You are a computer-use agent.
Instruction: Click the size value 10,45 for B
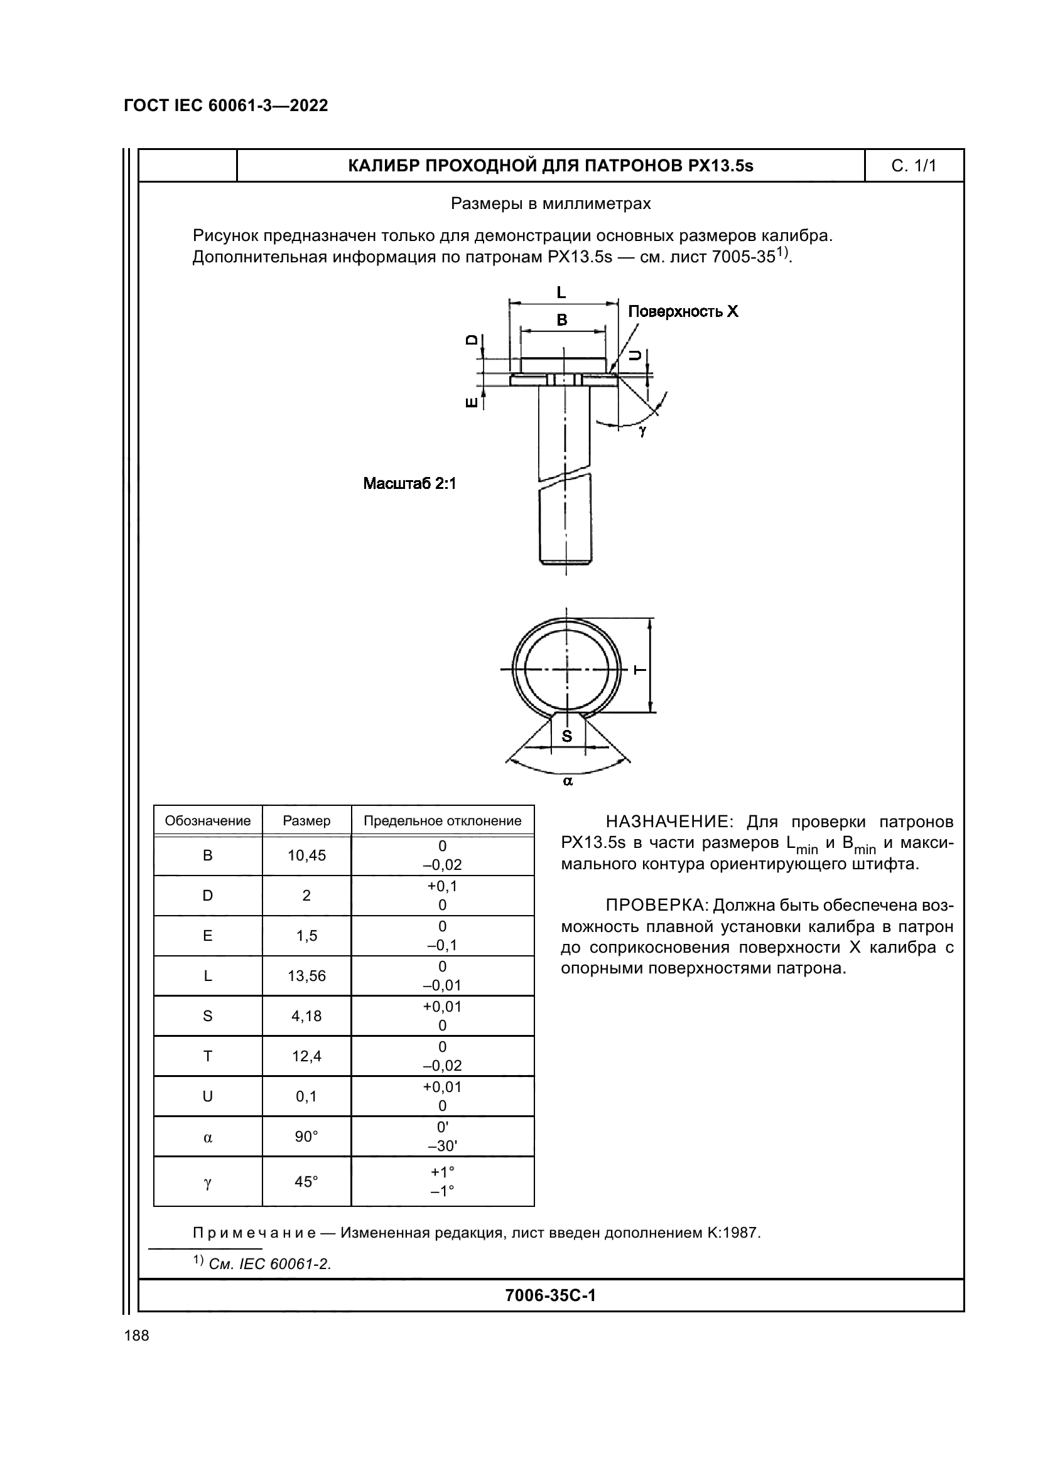click(306, 855)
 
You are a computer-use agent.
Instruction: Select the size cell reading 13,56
click(306, 976)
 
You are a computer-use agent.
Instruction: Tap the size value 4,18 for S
click(306, 1016)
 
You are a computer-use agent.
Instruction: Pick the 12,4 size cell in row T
click(306, 1056)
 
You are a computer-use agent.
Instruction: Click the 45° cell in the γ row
click(306, 1182)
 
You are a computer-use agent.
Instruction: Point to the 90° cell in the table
click(306, 1137)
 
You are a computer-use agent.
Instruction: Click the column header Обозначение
click(208, 821)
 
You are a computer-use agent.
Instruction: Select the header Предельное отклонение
click(443, 821)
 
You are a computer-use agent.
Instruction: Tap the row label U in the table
click(208, 1096)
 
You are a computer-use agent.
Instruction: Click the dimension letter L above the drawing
click(561, 293)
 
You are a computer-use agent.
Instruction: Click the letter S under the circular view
click(566, 737)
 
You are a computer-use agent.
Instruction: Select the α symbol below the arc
click(567, 781)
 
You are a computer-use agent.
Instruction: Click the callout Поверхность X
click(683, 311)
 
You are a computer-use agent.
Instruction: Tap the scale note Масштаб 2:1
click(409, 483)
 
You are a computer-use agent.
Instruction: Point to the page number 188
click(136, 1336)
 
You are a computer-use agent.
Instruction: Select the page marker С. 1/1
click(913, 166)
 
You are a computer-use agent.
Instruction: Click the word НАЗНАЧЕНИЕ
click(668, 822)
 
